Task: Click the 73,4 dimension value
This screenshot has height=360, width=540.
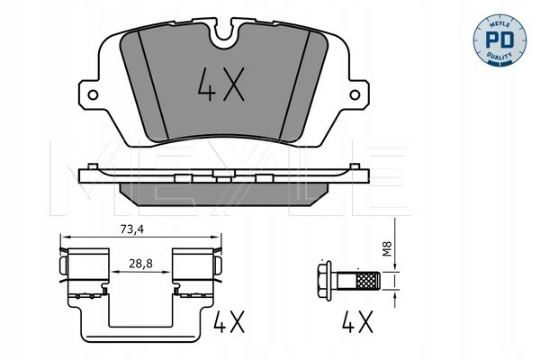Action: [x=132, y=229]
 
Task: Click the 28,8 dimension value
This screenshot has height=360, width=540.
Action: [x=141, y=264]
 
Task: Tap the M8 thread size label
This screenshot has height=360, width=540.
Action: [x=388, y=248]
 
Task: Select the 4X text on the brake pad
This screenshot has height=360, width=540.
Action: [x=221, y=85]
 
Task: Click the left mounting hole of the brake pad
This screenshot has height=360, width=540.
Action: [x=93, y=94]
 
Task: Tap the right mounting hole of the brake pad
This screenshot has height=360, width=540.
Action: [x=355, y=94]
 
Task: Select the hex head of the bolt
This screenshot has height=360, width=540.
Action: [x=324, y=281]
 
